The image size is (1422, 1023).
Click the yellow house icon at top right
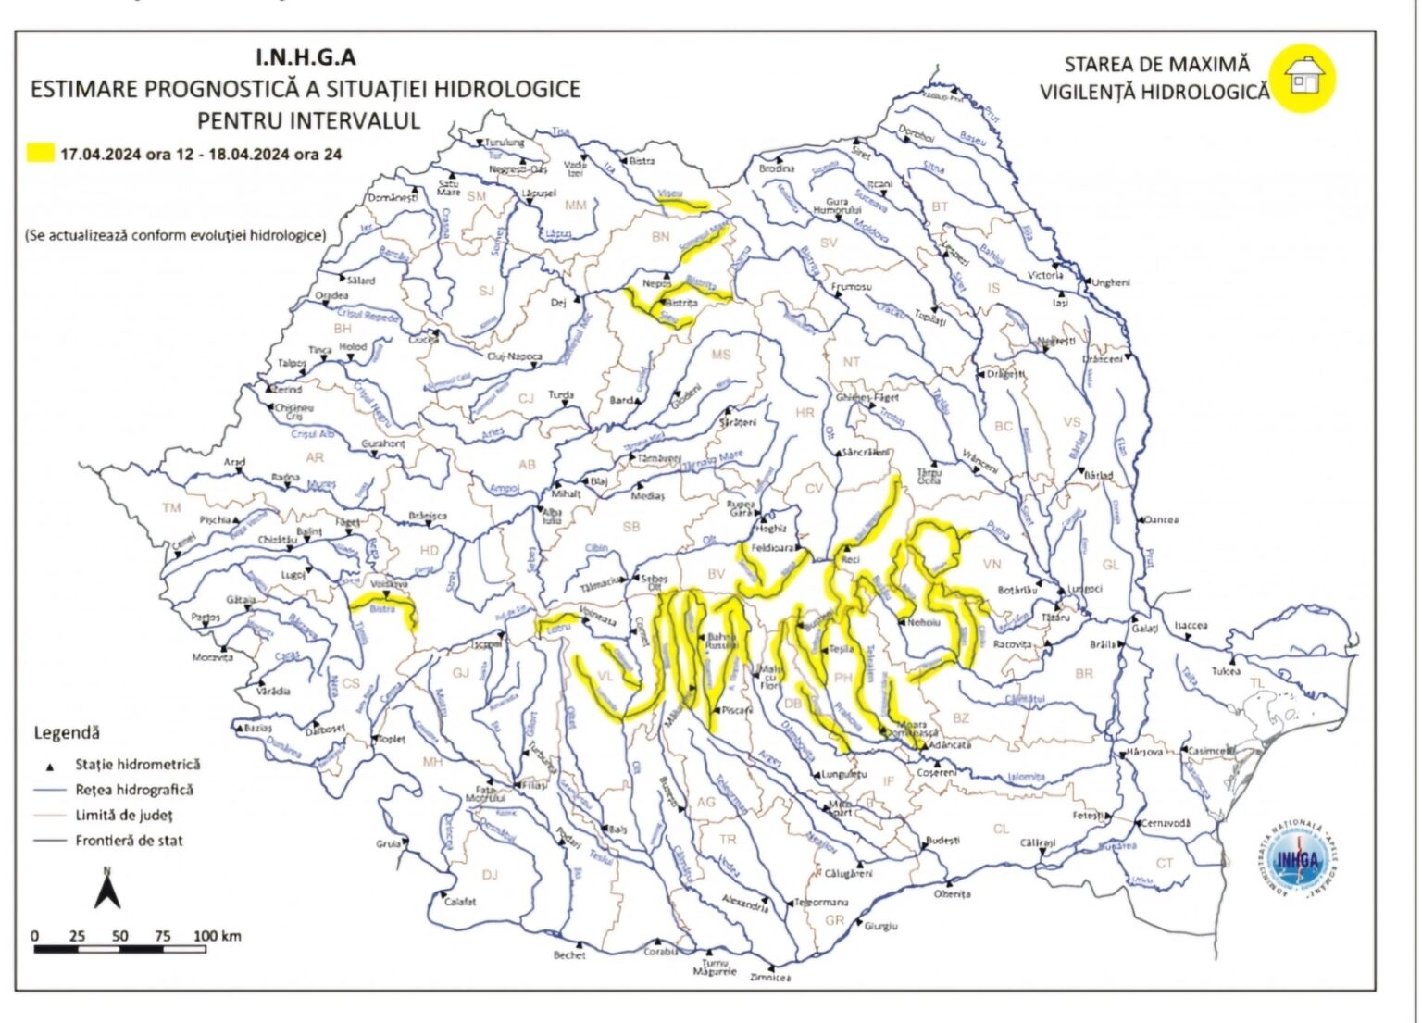click(1303, 78)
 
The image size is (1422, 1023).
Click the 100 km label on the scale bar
click(218, 936)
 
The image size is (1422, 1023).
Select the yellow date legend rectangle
click(40, 154)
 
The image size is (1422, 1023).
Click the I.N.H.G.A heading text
click(306, 57)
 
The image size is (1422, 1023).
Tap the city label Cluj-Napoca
click(515, 356)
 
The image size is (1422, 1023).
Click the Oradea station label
click(331, 296)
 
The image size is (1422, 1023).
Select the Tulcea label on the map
click(1226, 671)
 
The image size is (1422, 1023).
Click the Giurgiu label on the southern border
click(880, 925)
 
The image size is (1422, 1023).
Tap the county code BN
click(660, 237)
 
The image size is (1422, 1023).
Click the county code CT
click(1165, 863)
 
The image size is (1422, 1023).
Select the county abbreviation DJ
click(490, 874)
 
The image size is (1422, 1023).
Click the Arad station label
click(234, 462)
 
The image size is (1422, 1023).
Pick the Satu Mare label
click(449, 188)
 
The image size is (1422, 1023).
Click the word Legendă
click(66, 732)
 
